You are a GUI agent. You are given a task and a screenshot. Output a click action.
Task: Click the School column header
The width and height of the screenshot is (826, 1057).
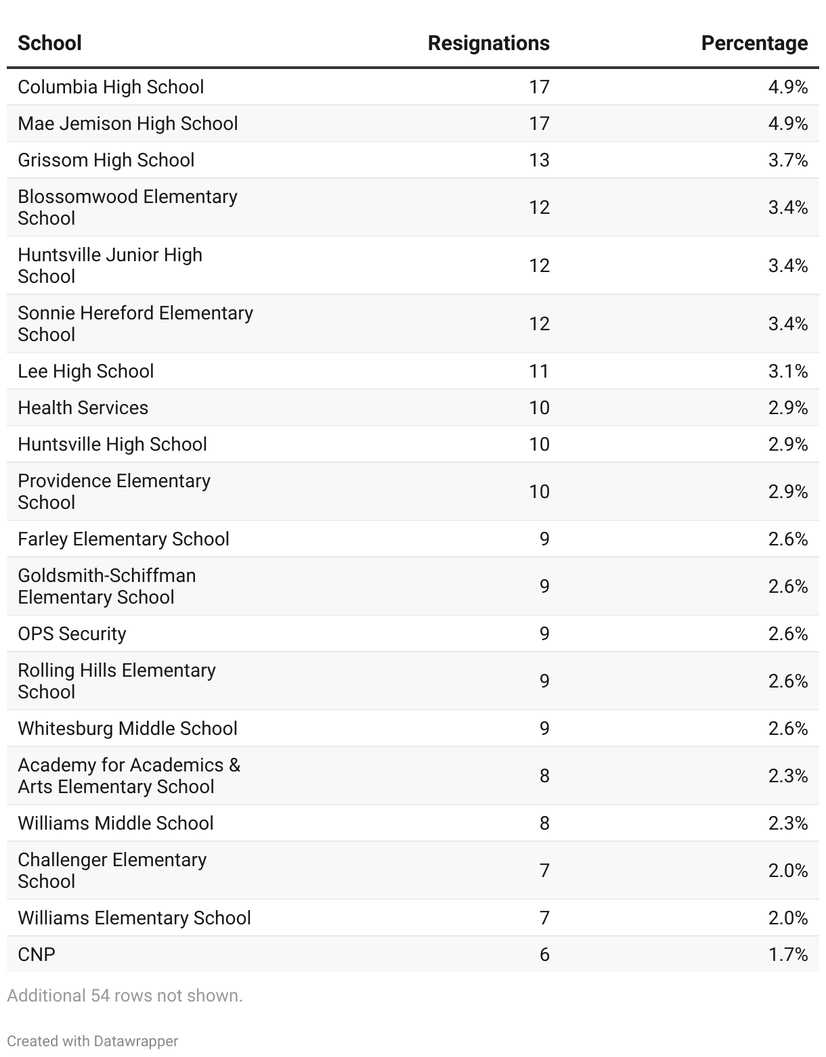[x=49, y=43]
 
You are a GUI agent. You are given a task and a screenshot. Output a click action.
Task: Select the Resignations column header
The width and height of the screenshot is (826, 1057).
[x=488, y=43]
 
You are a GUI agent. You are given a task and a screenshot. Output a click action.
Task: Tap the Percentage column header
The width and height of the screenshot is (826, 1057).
[x=754, y=43]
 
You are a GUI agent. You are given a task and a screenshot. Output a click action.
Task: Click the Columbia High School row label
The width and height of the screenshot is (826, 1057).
[x=110, y=87]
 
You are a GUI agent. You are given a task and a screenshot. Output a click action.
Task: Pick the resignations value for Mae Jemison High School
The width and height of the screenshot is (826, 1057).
[x=539, y=124]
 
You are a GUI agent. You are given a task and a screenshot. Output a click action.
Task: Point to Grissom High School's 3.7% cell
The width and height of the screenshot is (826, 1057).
[x=787, y=160]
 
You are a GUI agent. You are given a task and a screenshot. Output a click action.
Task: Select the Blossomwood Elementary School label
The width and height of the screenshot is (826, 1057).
[x=127, y=207]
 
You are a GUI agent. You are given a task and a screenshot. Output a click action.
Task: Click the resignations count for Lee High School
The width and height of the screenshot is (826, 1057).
[x=539, y=372]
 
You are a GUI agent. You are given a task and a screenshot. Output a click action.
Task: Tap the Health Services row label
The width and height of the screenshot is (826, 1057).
[x=83, y=408]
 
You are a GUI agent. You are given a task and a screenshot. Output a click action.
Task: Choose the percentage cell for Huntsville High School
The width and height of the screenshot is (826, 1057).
[x=787, y=445]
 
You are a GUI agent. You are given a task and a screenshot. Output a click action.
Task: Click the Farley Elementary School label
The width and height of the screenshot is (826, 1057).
[x=123, y=539]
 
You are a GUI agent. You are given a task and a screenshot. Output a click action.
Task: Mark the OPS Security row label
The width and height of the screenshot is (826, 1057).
[x=72, y=634]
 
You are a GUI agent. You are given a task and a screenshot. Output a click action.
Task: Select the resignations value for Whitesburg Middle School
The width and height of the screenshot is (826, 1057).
[x=544, y=729]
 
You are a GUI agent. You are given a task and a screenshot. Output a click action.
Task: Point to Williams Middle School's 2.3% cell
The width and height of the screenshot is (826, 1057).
[x=787, y=824]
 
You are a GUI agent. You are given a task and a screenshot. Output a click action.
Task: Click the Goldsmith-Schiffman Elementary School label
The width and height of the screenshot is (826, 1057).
[x=106, y=587]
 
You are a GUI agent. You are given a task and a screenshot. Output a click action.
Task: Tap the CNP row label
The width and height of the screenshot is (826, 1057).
[x=37, y=955]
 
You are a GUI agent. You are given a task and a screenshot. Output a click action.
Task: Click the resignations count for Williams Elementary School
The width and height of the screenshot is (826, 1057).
[x=544, y=918]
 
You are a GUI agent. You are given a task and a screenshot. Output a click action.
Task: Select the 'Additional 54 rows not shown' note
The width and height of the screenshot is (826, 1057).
[x=125, y=996]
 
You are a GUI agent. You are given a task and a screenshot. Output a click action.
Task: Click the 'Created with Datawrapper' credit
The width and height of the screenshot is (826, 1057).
[x=92, y=1041]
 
